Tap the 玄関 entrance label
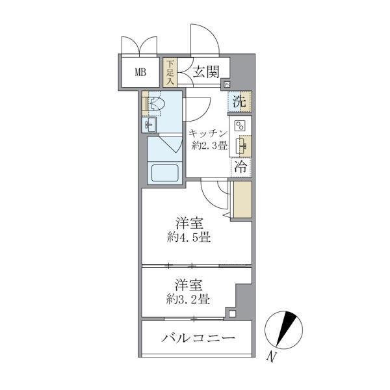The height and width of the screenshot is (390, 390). tap(205, 72)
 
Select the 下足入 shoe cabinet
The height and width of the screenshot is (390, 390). tap(170, 73)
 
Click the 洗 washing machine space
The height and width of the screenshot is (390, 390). tap(239, 101)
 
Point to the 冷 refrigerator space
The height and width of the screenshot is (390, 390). tap(239, 166)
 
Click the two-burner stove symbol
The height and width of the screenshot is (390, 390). tap(239, 126)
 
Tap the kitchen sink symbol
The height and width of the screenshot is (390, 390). tap(240, 145)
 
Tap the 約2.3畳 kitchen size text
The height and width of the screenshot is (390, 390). tap(209, 146)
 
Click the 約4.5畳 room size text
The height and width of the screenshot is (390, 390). tap(187, 237)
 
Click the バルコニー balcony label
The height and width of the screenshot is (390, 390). tap(198, 338)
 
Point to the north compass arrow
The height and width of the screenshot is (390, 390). tap(284, 329)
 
